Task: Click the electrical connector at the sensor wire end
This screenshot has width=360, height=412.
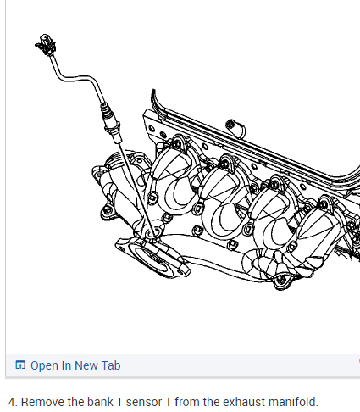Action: coord(46,44)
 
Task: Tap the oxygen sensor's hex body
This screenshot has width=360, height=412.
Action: coord(113,126)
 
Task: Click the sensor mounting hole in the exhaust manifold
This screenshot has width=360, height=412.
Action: coord(153,233)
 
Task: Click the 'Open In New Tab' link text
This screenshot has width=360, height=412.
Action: coord(75,365)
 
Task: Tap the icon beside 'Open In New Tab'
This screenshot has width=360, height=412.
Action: coord(20,365)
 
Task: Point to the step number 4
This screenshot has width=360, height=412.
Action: coord(12,402)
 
